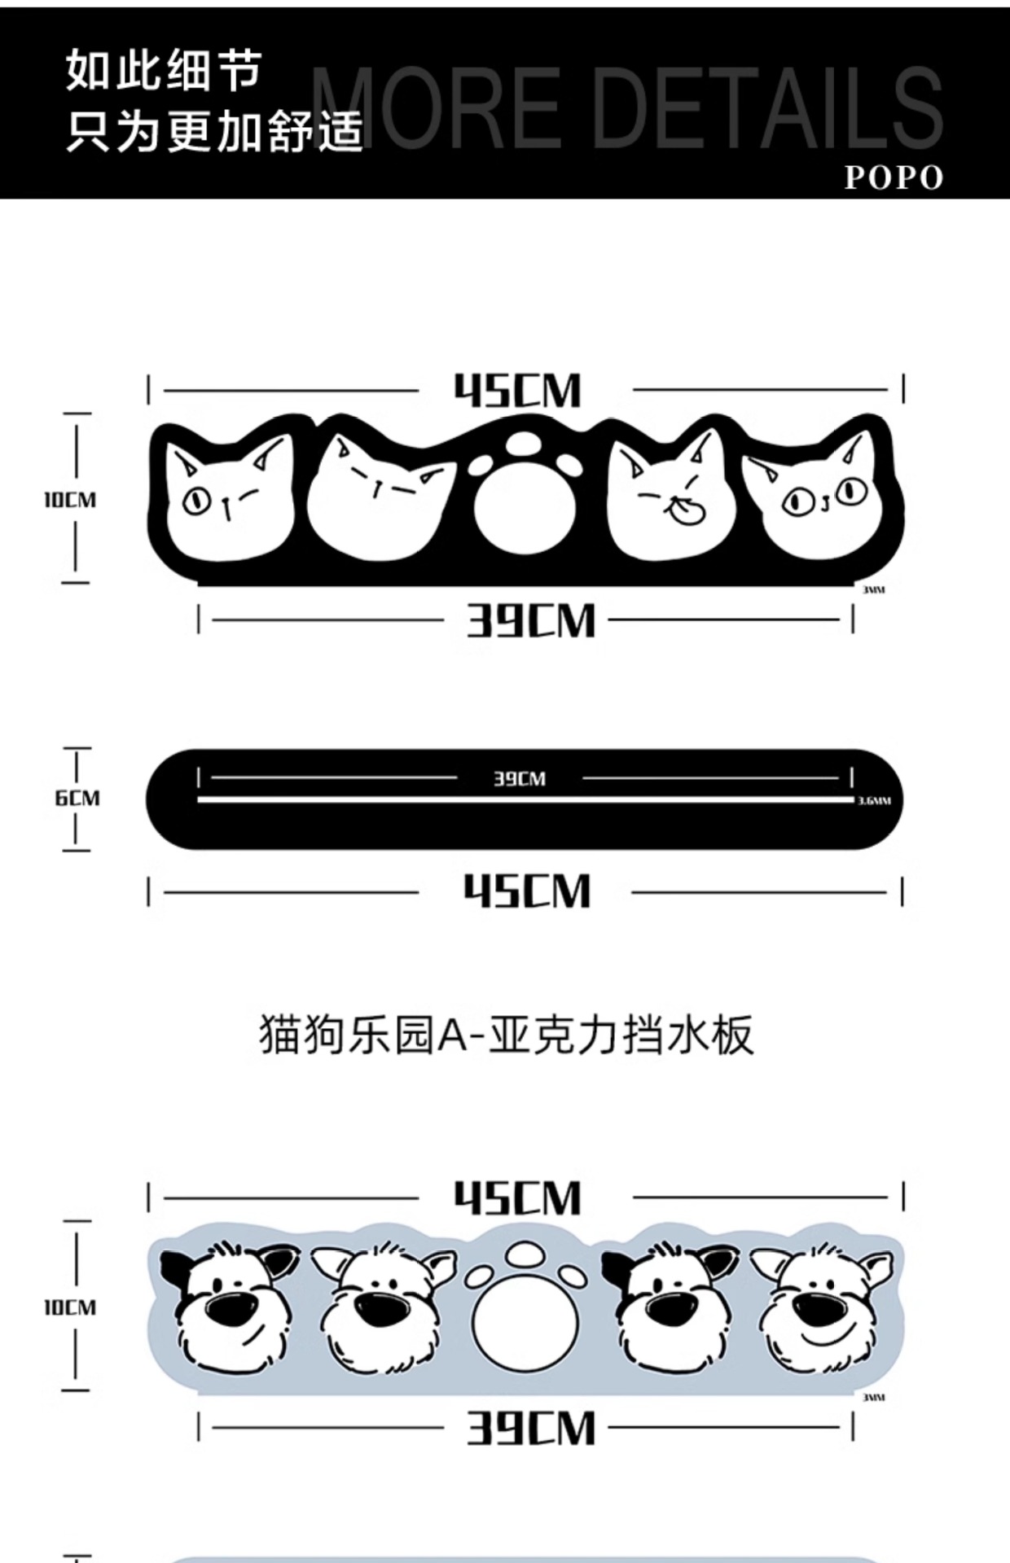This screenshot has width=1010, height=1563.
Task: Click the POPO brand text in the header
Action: click(893, 177)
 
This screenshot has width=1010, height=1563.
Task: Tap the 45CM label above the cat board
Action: click(518, 391)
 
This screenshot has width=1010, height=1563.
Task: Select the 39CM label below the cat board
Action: click(530, 620)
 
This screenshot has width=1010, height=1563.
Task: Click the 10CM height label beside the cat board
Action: click(70, 500)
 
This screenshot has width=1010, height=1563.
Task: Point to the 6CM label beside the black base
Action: click(77, 798)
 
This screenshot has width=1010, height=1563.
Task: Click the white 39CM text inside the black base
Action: click(519, 779)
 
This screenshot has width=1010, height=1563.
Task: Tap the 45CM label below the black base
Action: click(527, 891)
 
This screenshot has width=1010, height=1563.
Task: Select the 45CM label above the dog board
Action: click(518, 1198)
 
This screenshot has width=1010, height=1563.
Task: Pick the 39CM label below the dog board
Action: click(530, 1428)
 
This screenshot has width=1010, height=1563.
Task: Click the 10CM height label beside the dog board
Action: click(70, 1307)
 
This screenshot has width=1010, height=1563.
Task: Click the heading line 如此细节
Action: click(164, 70)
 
